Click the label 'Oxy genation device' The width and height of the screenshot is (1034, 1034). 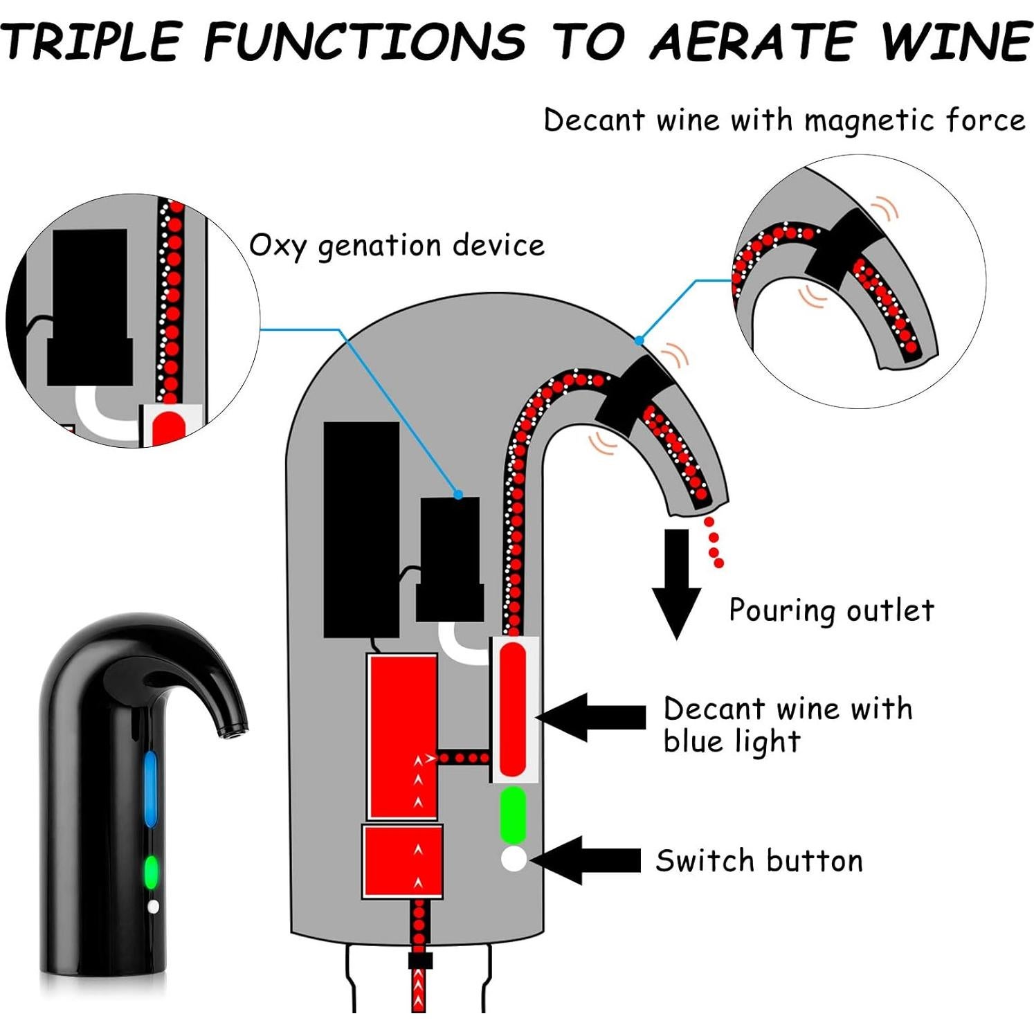tap(397, 246)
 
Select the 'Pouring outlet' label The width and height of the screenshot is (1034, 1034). tap(831, 610)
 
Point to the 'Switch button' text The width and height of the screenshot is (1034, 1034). tap(759, 861)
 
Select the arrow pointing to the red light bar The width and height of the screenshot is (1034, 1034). tap(592, 718)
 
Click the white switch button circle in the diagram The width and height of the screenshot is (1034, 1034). tap(514, 859)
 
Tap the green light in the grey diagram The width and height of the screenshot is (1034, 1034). tap(513, 815)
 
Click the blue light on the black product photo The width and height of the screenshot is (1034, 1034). tap(150, 789)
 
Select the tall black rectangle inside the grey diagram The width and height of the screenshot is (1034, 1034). tap(361, 529)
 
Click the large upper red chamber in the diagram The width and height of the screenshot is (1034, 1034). tap(402, 737)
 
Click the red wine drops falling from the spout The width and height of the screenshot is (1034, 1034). tap(714, 542)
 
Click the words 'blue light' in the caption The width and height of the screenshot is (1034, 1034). tap(732, 742)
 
